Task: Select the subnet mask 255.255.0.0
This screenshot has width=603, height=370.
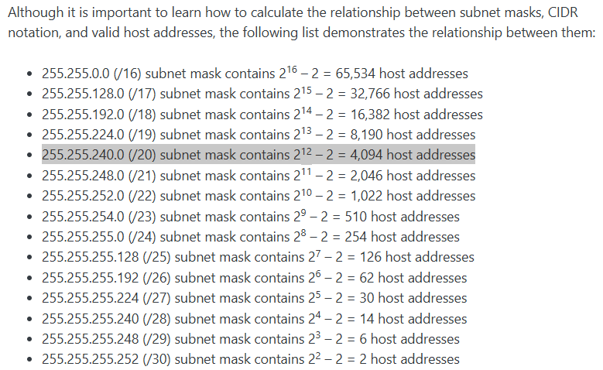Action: [76, 74]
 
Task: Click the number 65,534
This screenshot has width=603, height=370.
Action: [355, 74]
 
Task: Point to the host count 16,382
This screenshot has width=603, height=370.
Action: [370, 115]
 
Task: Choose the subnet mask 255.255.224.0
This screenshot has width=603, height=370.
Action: [83, 135]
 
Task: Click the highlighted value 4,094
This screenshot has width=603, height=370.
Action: [366, 155]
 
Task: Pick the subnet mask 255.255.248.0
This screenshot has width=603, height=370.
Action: [83, 176]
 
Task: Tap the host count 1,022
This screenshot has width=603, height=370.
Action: [366, 196]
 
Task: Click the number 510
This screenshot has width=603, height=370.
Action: [356, 217]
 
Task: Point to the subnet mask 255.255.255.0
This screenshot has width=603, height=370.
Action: [83, 237]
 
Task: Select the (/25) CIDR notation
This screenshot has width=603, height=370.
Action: [156, 257]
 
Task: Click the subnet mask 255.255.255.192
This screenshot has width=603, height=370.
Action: [91, 278]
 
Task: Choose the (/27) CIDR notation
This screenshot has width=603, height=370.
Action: [156, 298]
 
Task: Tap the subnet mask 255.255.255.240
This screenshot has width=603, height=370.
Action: [91, 319]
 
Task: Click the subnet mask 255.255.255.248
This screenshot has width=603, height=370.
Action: [91, 339]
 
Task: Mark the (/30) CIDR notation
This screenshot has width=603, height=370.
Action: [156, 359]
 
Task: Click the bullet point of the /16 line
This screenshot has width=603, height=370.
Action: [29, 74]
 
